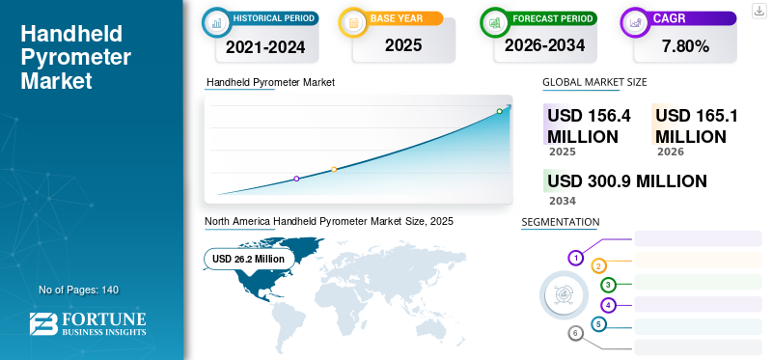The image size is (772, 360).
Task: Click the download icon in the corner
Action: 758,11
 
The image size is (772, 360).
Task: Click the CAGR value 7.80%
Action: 685,46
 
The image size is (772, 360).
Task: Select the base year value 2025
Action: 403,45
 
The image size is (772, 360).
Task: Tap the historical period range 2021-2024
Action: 265,47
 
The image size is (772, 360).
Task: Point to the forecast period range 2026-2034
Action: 544,45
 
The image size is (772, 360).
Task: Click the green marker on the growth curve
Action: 499,111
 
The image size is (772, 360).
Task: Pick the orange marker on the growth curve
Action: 334,170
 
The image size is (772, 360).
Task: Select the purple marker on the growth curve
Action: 296,179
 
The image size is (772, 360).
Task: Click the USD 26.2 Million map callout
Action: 249,259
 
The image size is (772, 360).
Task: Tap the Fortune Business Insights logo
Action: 88,324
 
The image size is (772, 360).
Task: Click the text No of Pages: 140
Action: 79,290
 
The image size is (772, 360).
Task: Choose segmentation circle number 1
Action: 575,258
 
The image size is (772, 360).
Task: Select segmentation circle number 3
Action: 609,285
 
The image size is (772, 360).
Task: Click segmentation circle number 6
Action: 575,334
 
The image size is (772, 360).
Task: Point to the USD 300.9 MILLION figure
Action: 627,181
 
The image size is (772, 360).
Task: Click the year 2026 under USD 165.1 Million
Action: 670,152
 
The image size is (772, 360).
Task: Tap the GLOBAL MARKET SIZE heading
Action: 594,82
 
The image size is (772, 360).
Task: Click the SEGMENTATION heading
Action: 561,222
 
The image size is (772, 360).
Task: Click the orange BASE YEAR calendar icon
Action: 353,22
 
